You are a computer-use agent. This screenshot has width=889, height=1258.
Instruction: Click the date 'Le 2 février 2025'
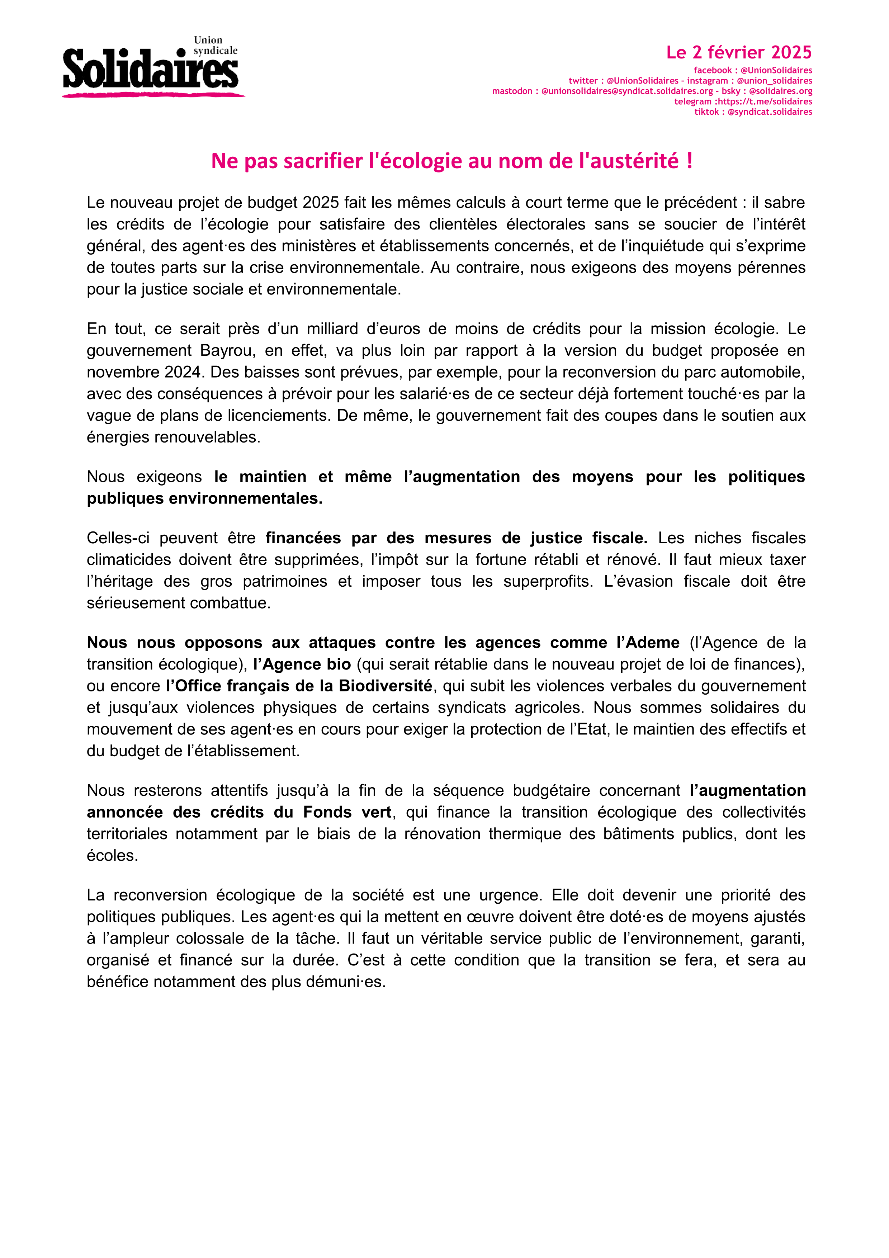(738, 53)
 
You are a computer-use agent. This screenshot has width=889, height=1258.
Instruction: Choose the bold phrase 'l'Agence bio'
(302, 665)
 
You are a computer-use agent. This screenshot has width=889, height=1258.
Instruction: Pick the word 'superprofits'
(548, 581)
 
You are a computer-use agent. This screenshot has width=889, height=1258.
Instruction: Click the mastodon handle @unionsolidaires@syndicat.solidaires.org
(626, 91)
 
